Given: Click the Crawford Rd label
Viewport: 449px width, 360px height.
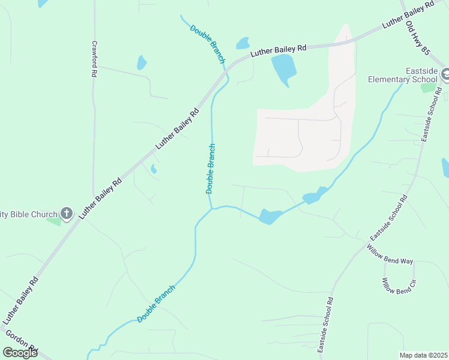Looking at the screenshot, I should [94, 59].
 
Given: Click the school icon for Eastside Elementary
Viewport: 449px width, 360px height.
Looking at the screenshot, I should [445, 75].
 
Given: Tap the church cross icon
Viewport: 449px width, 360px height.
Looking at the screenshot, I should [66, 213].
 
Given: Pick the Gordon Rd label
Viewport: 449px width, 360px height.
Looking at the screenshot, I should [22, 341].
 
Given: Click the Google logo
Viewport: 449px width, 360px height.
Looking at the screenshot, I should [20, 353].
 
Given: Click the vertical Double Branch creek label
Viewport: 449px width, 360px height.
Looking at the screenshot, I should [211, 169].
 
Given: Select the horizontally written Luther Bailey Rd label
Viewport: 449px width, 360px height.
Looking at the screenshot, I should [279, 49].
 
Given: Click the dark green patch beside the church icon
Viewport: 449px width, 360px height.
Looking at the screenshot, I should [54, 221].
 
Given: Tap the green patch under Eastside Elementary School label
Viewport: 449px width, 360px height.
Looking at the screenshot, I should [428, 88].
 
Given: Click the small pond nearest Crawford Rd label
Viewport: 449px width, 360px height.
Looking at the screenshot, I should [142, 62].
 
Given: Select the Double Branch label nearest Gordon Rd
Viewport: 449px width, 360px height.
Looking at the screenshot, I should [156, 304].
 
